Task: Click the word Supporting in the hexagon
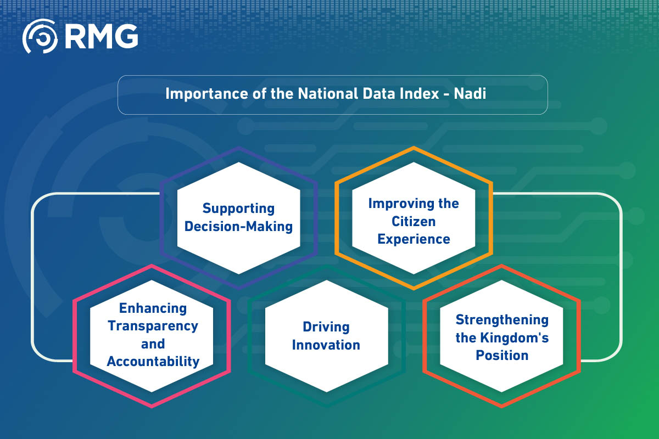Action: pyautogui.click(x=238, y=209)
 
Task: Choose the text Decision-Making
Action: pyautogui.click(x=238, y=227)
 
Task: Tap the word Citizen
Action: pyautogui.click(x=413, y=221)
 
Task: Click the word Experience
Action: pyautogui.click(x=413, y=239)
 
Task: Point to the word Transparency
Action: pyautogui.click(x=153, y=326)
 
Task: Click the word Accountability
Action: pyautogui.click(x=153, y=362)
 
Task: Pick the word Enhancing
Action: pyautogui.click(x=153, y=308)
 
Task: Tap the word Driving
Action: pyautogui.click(x=326, y=327)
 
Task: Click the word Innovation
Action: pyautogui.click(x=326, y=345)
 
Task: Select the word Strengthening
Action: pyautogui.click(x=502, y=319)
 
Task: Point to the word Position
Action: pyautogui.click(x=502, y=355)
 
